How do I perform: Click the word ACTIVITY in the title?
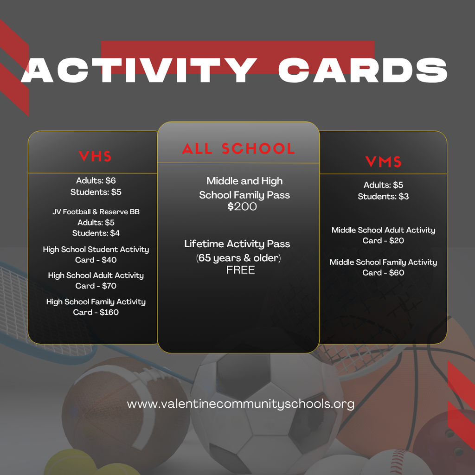tap(139, 71)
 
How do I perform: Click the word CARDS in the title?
tap(363, 71)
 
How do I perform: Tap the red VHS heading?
tap(95, 156)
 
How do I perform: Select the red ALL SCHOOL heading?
tap(238, 149)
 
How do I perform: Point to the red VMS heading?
tap(383, 162)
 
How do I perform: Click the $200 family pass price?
tap(242, 206)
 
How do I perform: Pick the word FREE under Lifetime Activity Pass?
tap(240, 270)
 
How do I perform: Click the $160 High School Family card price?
tap(109, 312)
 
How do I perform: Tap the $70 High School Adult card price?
tap(109, 286)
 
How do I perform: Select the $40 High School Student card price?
tap(109, 260)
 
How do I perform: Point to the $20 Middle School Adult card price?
tap(396, 240)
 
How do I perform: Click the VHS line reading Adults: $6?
tap(96, 180)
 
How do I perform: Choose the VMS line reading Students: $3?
tap(383, 196)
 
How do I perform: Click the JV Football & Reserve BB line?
tap(96, 212)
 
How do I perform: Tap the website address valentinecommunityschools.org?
tap(240, 404)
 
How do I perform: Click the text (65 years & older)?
tap(238, 258)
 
